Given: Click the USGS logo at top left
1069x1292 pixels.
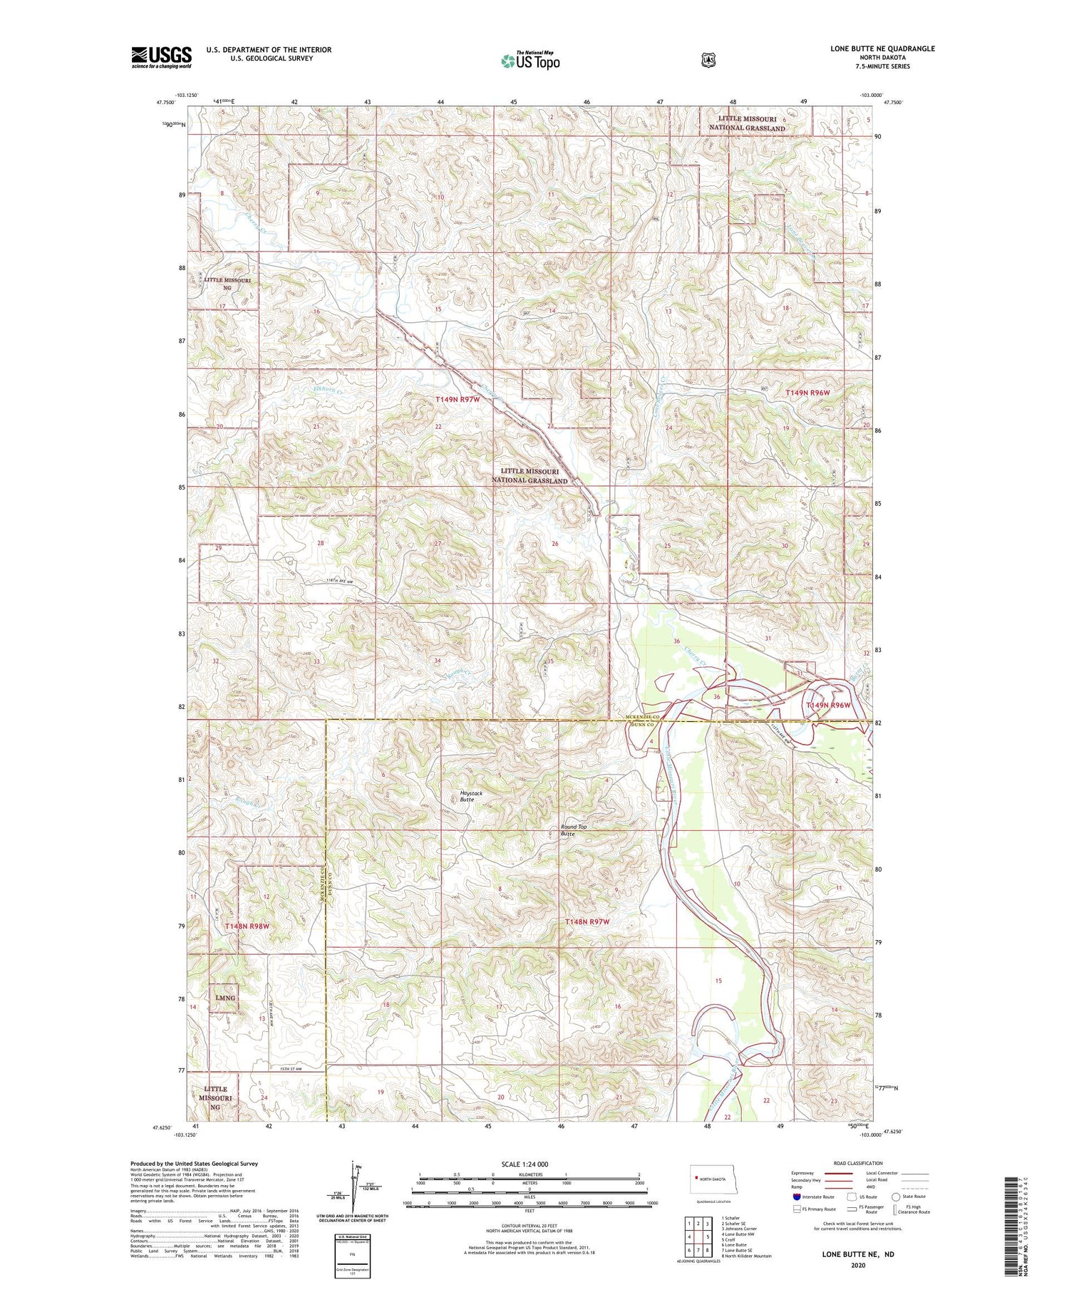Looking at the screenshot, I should (161, 57).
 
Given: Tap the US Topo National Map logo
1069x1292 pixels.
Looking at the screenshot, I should (530, 61).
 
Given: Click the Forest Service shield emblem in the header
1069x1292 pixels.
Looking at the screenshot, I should (708, 61).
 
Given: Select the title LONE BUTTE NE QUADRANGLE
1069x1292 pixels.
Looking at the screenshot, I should (882, 48).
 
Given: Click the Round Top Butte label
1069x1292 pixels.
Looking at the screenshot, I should (573, 830).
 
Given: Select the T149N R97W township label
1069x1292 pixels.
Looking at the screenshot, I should (458, 400).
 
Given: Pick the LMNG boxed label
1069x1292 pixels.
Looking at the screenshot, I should (224, 998).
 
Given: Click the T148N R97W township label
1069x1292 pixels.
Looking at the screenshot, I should (587, 921).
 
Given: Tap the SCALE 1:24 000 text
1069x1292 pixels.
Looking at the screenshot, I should (530, 1164).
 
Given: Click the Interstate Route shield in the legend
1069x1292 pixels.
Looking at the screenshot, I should (797, 1197).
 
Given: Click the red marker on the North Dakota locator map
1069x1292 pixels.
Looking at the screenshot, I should (695, 1178).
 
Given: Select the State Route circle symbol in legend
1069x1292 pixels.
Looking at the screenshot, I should (895, 1197).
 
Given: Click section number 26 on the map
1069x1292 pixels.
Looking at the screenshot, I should (554, 544).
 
